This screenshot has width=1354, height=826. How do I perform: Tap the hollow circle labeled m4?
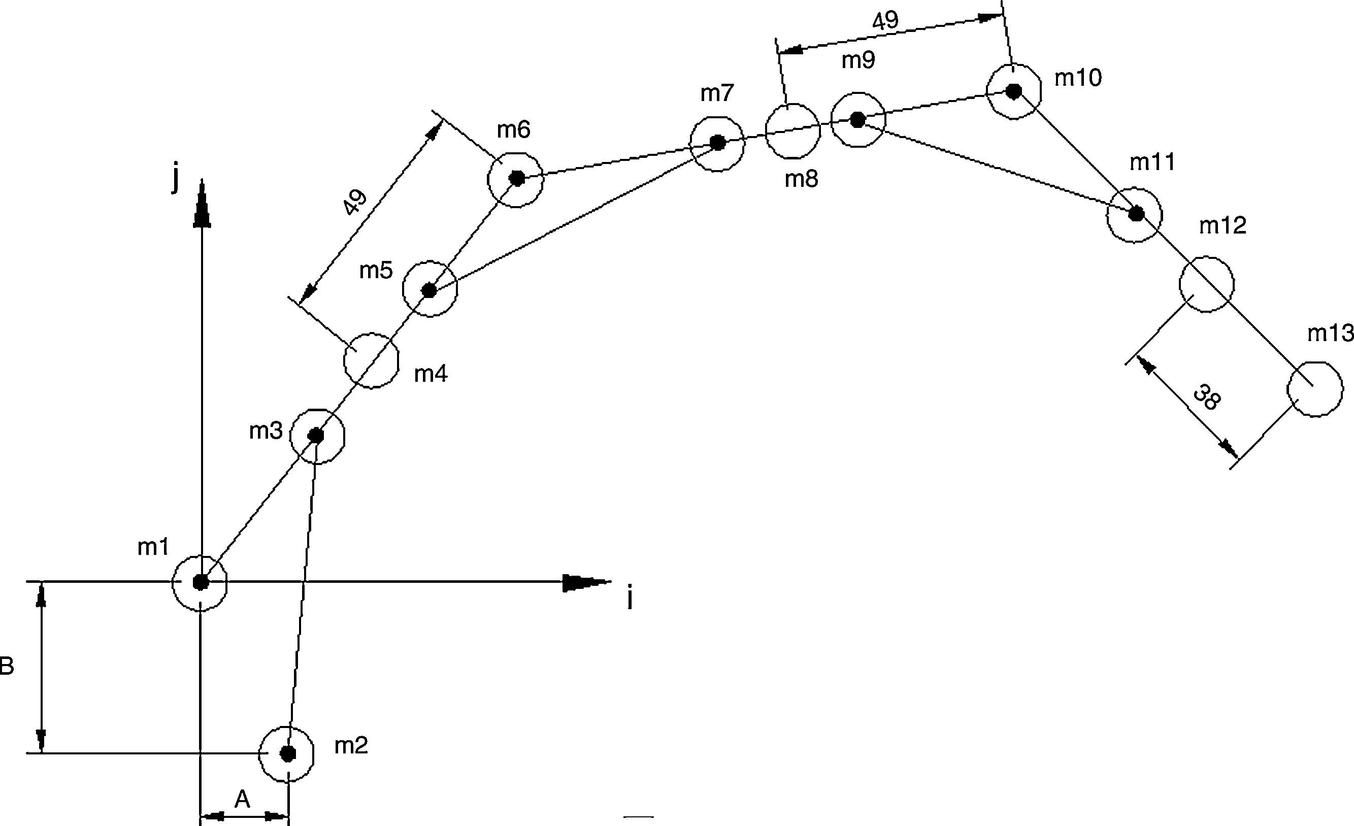[371, 360]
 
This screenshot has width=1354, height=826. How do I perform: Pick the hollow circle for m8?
[793, 131]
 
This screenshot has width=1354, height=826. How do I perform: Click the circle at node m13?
[1315, 389]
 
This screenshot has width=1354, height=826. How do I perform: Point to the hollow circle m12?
[1207, 284]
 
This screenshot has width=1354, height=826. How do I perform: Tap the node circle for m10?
[1014, 91]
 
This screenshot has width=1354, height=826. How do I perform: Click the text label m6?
[513, 130]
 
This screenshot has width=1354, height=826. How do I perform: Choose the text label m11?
[1152, 162]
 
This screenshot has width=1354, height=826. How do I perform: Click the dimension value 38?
[1207, 398]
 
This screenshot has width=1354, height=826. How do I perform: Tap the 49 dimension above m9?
[885, 21]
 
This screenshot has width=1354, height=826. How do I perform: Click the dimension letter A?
[242, 800]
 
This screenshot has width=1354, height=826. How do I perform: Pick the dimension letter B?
[7, 667]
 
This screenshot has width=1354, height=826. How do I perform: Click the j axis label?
[176, 179]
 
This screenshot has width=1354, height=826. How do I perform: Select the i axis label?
[630, 599]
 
